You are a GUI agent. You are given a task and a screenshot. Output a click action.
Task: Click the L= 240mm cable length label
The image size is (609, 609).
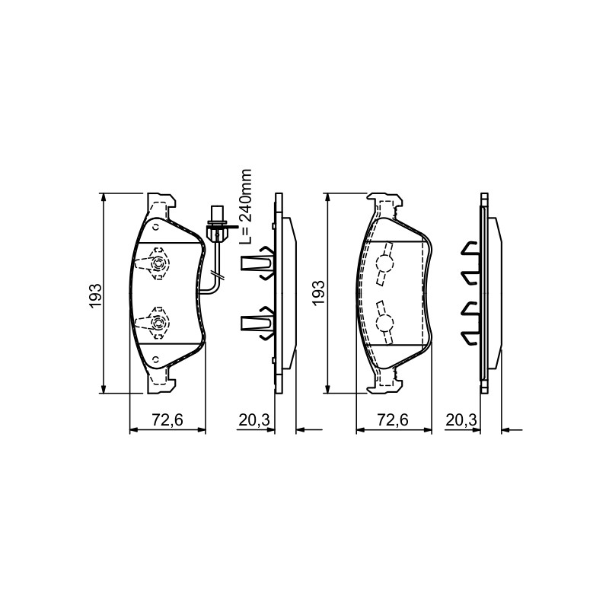pyautogui.click(x=246, y=206)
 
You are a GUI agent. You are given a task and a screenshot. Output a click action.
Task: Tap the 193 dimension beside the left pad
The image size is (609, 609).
pyautogui.click(x=96, y=296)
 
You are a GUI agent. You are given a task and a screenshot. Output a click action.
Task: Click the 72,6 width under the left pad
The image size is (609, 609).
pyautogui.click(x=167, y=419)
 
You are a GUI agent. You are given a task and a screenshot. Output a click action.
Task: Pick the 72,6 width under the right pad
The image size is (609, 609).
pyautogui.click(x=393, y=419)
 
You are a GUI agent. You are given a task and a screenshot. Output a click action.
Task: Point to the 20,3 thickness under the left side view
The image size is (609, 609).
pyautogui.click(x=254, y=419)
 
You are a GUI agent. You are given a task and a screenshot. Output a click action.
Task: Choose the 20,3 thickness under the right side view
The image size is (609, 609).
pyautogui.click(x=461, y=419)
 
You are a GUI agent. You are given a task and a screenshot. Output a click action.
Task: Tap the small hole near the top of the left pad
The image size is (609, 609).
pyautogui.click(x=156, y=227)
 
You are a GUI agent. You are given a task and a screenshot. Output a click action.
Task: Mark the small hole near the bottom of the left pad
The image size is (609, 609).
pyautogui.click(x=156, y=359)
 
